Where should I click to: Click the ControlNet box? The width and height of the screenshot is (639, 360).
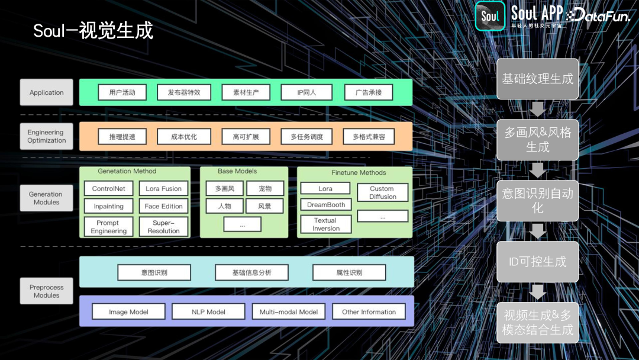(x=109, y=189)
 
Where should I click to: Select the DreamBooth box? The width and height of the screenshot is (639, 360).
(x=325, y=205)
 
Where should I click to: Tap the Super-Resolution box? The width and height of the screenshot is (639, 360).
(x=163, y=227)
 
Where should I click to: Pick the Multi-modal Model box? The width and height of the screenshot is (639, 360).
(x=289, y=311)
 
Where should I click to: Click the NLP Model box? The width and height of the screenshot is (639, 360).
(x=208, y=311)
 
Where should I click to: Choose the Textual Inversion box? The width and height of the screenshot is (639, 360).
(x=325, y=224)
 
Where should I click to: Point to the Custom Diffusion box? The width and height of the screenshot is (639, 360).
(x=382, y=192)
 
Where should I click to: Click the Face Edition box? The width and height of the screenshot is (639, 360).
(x=163, y=206)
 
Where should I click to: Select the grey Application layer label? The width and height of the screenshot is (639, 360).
(x=47, y=92)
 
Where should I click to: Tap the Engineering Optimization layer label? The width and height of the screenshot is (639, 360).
(x=47, y=136)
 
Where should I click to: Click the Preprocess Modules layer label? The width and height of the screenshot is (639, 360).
(x=47, y=291)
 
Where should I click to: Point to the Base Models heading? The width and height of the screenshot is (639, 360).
(x=237, y=171)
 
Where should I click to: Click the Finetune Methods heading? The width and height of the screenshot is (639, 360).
(x=359, y=172)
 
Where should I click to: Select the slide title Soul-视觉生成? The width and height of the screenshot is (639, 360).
(x=93, y=31)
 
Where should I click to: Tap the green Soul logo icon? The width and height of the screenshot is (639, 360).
(x=490, y=16)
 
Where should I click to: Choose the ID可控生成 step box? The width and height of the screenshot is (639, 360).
(x=537, y=261)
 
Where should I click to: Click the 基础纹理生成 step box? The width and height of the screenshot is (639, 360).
(x=537, y=79)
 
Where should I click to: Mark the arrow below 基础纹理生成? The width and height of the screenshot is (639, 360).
(x=537, y=110)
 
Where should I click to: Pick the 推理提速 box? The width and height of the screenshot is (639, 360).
(x=122, y=137)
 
